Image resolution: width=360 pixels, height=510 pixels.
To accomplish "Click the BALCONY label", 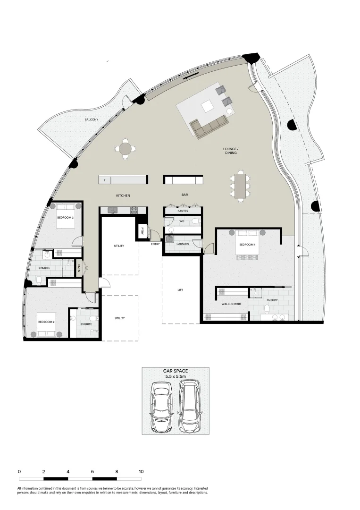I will pyautogui.click(x=92, y=120).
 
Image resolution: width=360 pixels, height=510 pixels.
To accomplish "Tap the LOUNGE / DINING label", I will pyautogui.click(x=230, y=151).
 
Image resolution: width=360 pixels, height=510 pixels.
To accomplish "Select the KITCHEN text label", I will pyautogui.click(x=123, y=195).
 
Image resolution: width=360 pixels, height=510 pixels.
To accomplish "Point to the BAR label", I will pyautogui.click(x=185, y=194).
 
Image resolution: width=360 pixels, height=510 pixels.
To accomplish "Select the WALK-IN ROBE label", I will pyautogui.click(x=231, y=304).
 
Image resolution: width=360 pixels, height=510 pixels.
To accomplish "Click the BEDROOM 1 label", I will pyautogui.click(x=247, y=244).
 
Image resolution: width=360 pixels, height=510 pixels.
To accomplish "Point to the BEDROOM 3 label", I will pyautogui.click(x=65, y=217).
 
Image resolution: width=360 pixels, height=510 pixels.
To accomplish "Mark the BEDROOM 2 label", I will pyautogui.click(x=47, y=322).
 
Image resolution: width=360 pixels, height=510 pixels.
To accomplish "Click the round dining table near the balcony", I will pyautogui.click(x=126, y=149).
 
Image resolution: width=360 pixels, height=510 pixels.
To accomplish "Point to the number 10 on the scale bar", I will pyautogui.click(x=141, y=471).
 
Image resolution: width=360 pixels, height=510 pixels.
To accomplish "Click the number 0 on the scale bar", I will pyautogui.click(x=19, y=471).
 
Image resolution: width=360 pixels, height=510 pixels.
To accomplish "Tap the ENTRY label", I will pyautogui.click(x=155, y=244).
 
